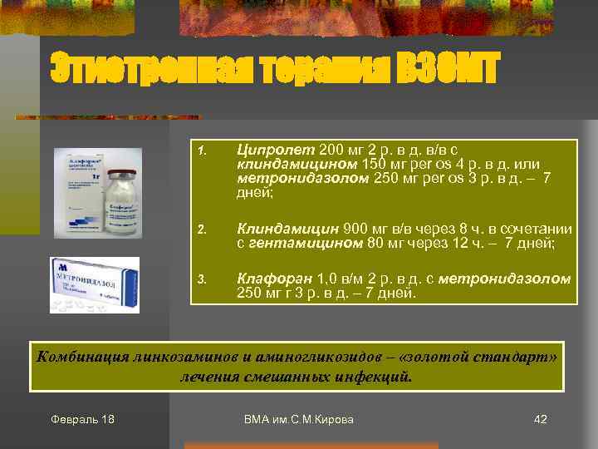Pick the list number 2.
click(200, 230)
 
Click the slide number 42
click(540, 419)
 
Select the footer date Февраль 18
click(82, 419)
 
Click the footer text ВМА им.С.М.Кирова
click(299, 419)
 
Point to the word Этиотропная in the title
click(126, 68)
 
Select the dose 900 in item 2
click(355, 229)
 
